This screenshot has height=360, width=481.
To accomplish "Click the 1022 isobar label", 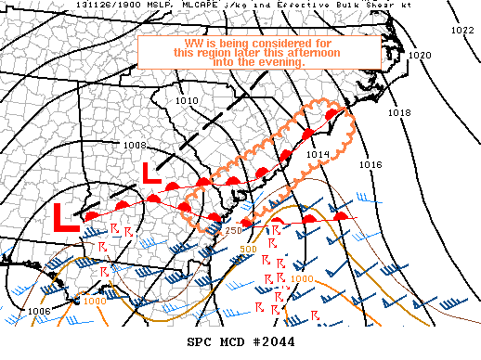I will click(461, 31).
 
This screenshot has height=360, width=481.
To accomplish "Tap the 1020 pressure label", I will click(420, 55).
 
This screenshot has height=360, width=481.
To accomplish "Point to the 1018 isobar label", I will click(399, 112).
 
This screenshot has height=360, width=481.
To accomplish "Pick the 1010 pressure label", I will click(188, 100).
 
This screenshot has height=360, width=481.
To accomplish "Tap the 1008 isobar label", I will click(135, 145).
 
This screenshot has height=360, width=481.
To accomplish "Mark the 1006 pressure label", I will click(39, 311).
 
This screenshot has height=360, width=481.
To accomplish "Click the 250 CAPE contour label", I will click(233, 230).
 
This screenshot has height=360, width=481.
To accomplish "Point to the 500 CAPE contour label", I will click(248, 249).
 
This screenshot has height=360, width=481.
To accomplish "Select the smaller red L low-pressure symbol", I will click(150, 172).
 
